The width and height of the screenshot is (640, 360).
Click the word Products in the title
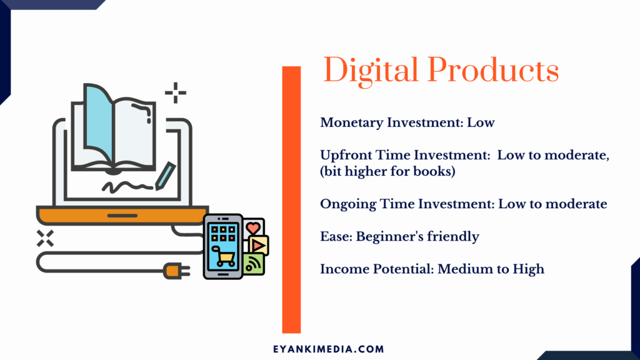pyautogui.click(x=493, y=69)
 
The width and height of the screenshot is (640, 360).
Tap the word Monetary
pyautogui.click(x=351, y=123)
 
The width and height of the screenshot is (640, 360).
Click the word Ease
pyautogui.click(x=336, y=236)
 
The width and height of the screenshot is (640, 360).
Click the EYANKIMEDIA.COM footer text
pyautogui.click(x=329, y=349)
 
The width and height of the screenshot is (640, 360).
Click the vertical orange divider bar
pyautogui.click(x=291, y=199)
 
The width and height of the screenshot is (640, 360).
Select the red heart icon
pyautogui.click(x=253, y=227)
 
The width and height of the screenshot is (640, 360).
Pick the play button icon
pyautogui.click(x=258, y=245)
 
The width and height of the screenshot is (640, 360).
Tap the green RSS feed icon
pyautogui.click(x=254, y=264)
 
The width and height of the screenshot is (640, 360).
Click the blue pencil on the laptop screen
pyautogui.click(x=165, y=176)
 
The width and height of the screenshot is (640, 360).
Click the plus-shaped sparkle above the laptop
pyautogui.click(x=176, y=93)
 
